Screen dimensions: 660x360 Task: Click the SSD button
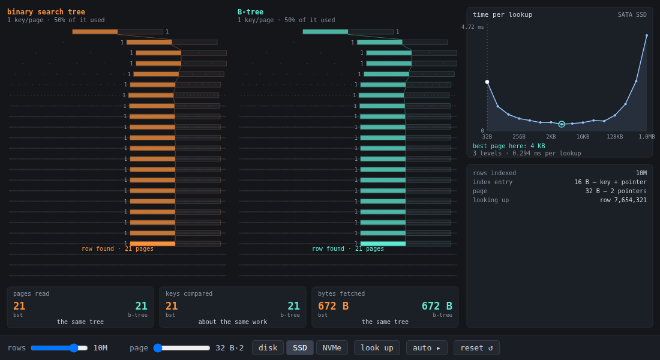(x=299, y=348)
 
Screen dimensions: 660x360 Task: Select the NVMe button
(x=332, y=348)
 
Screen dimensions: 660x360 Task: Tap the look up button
(x=377, y=348)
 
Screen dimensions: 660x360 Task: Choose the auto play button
(x=427, y=348)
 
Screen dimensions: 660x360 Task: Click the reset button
(x=476, y=348)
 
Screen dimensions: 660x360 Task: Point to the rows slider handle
(x=74, y=348)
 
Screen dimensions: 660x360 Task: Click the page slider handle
(x=158, y=348)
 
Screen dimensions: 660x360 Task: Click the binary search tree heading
(x=46, y=12)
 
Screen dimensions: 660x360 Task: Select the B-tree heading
(x=250, y=12)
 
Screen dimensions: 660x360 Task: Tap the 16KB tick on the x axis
(x=583, y=136)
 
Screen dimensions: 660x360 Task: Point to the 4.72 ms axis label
(x=472, y=27)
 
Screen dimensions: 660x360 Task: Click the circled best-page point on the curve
(x=562, y=124)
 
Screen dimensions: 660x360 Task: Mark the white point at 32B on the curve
(x=487, y=82)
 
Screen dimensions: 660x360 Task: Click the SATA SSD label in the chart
(x=632, y=15)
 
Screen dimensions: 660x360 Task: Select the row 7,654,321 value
(x=623, y=200)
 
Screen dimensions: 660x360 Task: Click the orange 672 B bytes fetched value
(x=333, y=306)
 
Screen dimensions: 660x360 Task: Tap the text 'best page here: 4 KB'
(x=508, y=146)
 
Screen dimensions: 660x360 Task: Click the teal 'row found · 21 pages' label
(x=347, y=249)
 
